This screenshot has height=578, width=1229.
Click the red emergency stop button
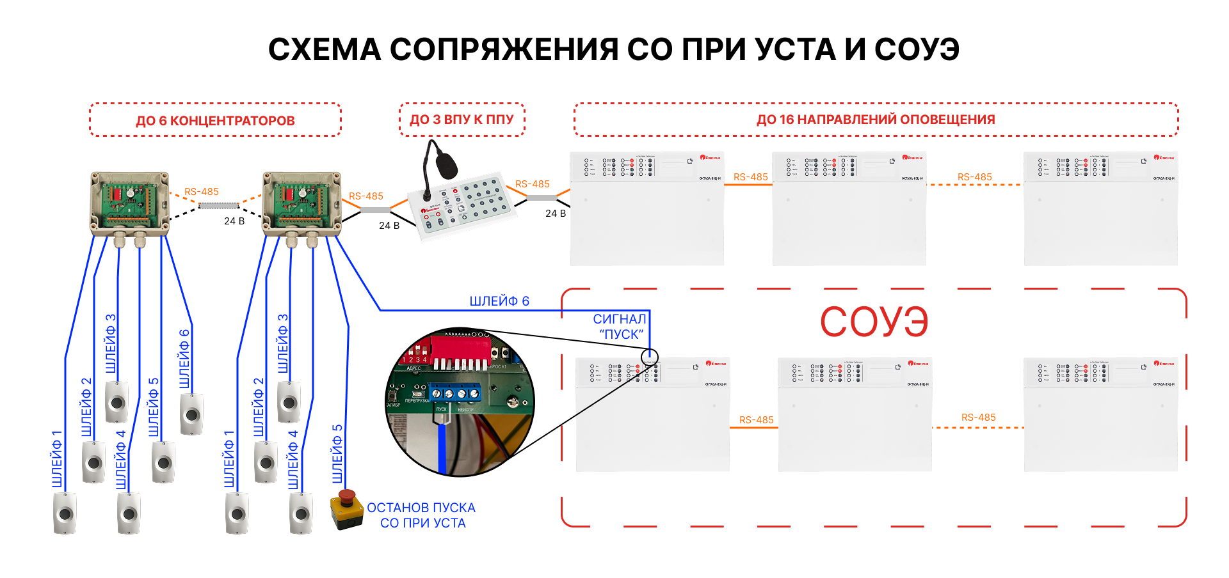[346, 497]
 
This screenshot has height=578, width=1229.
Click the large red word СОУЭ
[874, 322]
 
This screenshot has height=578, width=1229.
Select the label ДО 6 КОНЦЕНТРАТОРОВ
[215, 121]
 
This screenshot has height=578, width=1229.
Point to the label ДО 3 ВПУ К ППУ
[462, 120]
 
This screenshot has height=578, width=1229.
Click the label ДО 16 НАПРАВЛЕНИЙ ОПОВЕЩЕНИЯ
[876, 120]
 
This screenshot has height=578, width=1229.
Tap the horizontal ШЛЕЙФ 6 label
[499, 301]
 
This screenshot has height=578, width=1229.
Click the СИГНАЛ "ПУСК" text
[620, 326]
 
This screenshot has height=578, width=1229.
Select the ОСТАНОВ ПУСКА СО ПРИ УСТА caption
[422, 515]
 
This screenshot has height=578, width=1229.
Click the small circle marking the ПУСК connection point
[649, 356]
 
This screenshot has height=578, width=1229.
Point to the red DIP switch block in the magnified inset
[460, 348]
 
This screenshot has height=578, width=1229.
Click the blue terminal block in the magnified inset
[455, 394]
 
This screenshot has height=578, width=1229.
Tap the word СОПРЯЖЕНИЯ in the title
[504, 49]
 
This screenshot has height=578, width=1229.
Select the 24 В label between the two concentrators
[234, 221]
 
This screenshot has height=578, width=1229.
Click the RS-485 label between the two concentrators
[202, 192]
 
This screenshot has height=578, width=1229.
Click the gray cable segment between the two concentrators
[218, 206]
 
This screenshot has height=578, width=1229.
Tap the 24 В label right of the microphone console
[556, 214]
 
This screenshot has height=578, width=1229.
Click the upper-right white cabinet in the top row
[1100, 208]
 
